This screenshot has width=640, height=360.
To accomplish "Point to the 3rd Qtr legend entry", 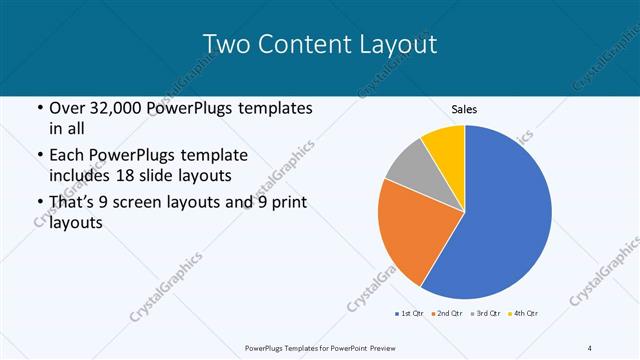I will pos(485,314).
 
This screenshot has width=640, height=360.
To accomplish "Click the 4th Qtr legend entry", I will pos(524,314).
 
